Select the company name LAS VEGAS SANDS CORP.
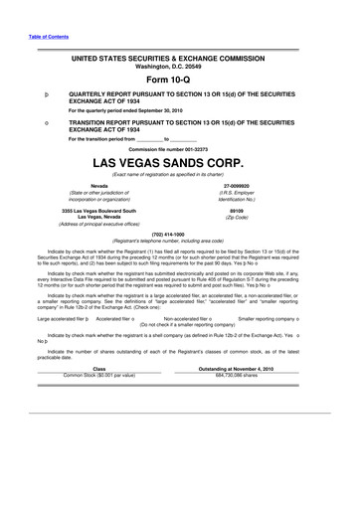179,161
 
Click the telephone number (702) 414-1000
179,234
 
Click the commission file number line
179,148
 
